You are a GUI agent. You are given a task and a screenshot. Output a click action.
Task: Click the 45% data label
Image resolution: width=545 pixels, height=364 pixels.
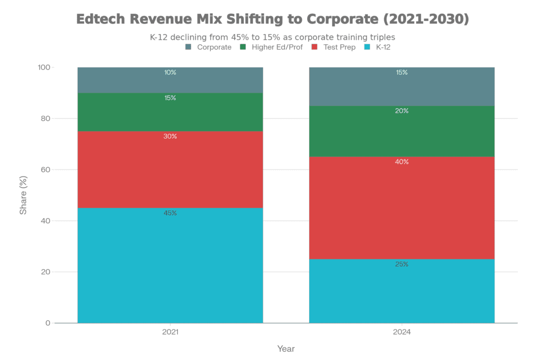tap(170, 213)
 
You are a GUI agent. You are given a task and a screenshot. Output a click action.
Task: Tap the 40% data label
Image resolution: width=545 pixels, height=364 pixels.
tap(402, 162)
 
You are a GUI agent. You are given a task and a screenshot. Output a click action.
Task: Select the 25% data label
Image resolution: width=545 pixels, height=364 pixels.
tap(402, 264)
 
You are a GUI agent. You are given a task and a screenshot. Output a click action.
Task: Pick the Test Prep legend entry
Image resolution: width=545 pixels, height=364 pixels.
tap(340, 47)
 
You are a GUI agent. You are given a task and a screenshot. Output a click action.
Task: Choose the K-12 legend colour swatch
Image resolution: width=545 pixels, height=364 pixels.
tap(367, 47)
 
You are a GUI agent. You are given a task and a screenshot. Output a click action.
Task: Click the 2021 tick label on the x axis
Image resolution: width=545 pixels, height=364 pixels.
tap(170, 331)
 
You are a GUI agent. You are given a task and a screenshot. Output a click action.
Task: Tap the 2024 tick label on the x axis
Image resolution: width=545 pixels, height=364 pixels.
tap(402, 331)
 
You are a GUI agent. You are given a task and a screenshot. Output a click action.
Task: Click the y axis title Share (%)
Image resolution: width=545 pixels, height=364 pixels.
tap(23, 195)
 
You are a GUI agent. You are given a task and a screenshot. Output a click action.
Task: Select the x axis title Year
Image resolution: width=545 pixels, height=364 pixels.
tap(286, 349)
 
